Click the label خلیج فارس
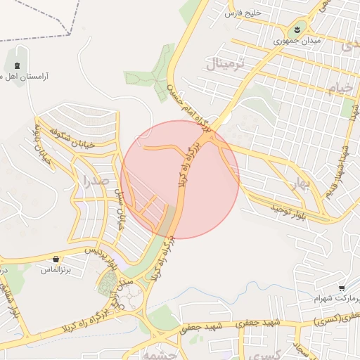(243, 13)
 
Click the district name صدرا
(94, 182)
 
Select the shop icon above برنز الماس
(56, 259)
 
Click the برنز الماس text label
(56, 269)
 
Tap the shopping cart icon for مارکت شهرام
(341, 288)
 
